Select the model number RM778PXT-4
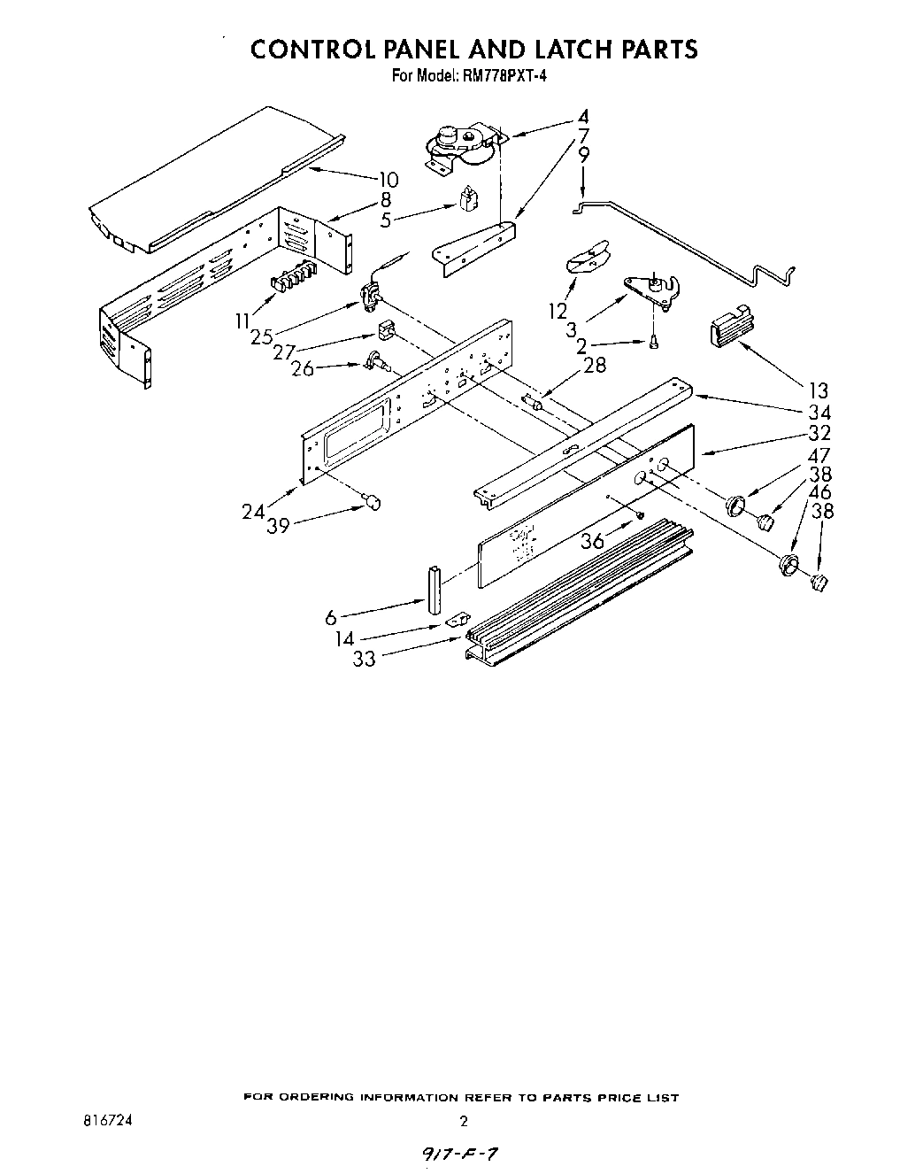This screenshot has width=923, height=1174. (x=504, y=76)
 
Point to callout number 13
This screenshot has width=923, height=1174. (x=818, y=390)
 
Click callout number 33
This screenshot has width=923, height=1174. (x=364, y=659)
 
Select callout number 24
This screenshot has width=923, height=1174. (x=253, y=511)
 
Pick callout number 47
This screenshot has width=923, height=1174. (x=819, y=456)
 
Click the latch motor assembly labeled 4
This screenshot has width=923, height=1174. (x=460, y=145)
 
